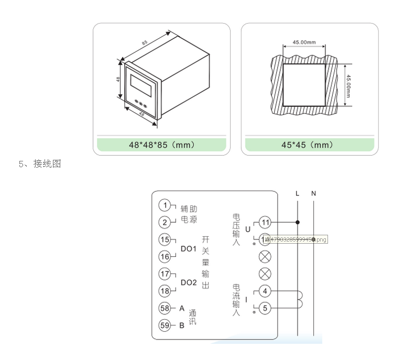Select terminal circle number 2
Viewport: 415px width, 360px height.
tap(165, 222)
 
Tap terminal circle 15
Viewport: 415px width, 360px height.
tap(165, 239)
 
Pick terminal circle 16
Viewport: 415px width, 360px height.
tap(165, 257)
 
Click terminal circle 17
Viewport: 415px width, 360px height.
tap(165, 274)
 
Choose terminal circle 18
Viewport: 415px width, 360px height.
tap(165, 291)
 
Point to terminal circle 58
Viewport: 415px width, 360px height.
tap(165, 308)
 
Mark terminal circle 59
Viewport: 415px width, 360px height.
tap(165, 325)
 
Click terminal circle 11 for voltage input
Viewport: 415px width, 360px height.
tap(265, 222)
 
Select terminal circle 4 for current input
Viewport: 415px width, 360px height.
tap(265, 291)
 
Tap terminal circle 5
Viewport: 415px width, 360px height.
tap(265, 308)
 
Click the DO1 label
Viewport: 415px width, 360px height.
tap(188, 248)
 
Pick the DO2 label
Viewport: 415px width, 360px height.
tap(188, 282)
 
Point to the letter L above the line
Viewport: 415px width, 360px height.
tap(298, 193)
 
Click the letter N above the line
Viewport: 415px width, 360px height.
tap(313, 193)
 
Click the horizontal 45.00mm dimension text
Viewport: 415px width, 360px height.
tap(304, 42)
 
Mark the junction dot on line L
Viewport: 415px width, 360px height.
tap(298, 222)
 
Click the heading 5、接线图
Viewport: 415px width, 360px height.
tap(40, 164)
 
